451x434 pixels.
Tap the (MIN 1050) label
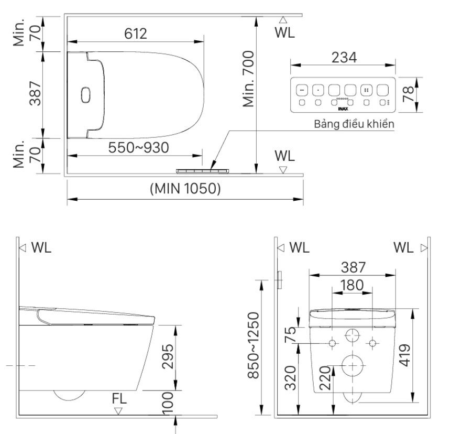(185, 188)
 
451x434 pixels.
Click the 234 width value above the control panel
(343, 58)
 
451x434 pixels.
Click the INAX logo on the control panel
(343, 108)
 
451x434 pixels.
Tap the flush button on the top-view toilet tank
(86, 95)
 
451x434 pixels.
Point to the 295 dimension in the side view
(167, 357)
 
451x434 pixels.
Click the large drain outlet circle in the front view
(353, 364)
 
